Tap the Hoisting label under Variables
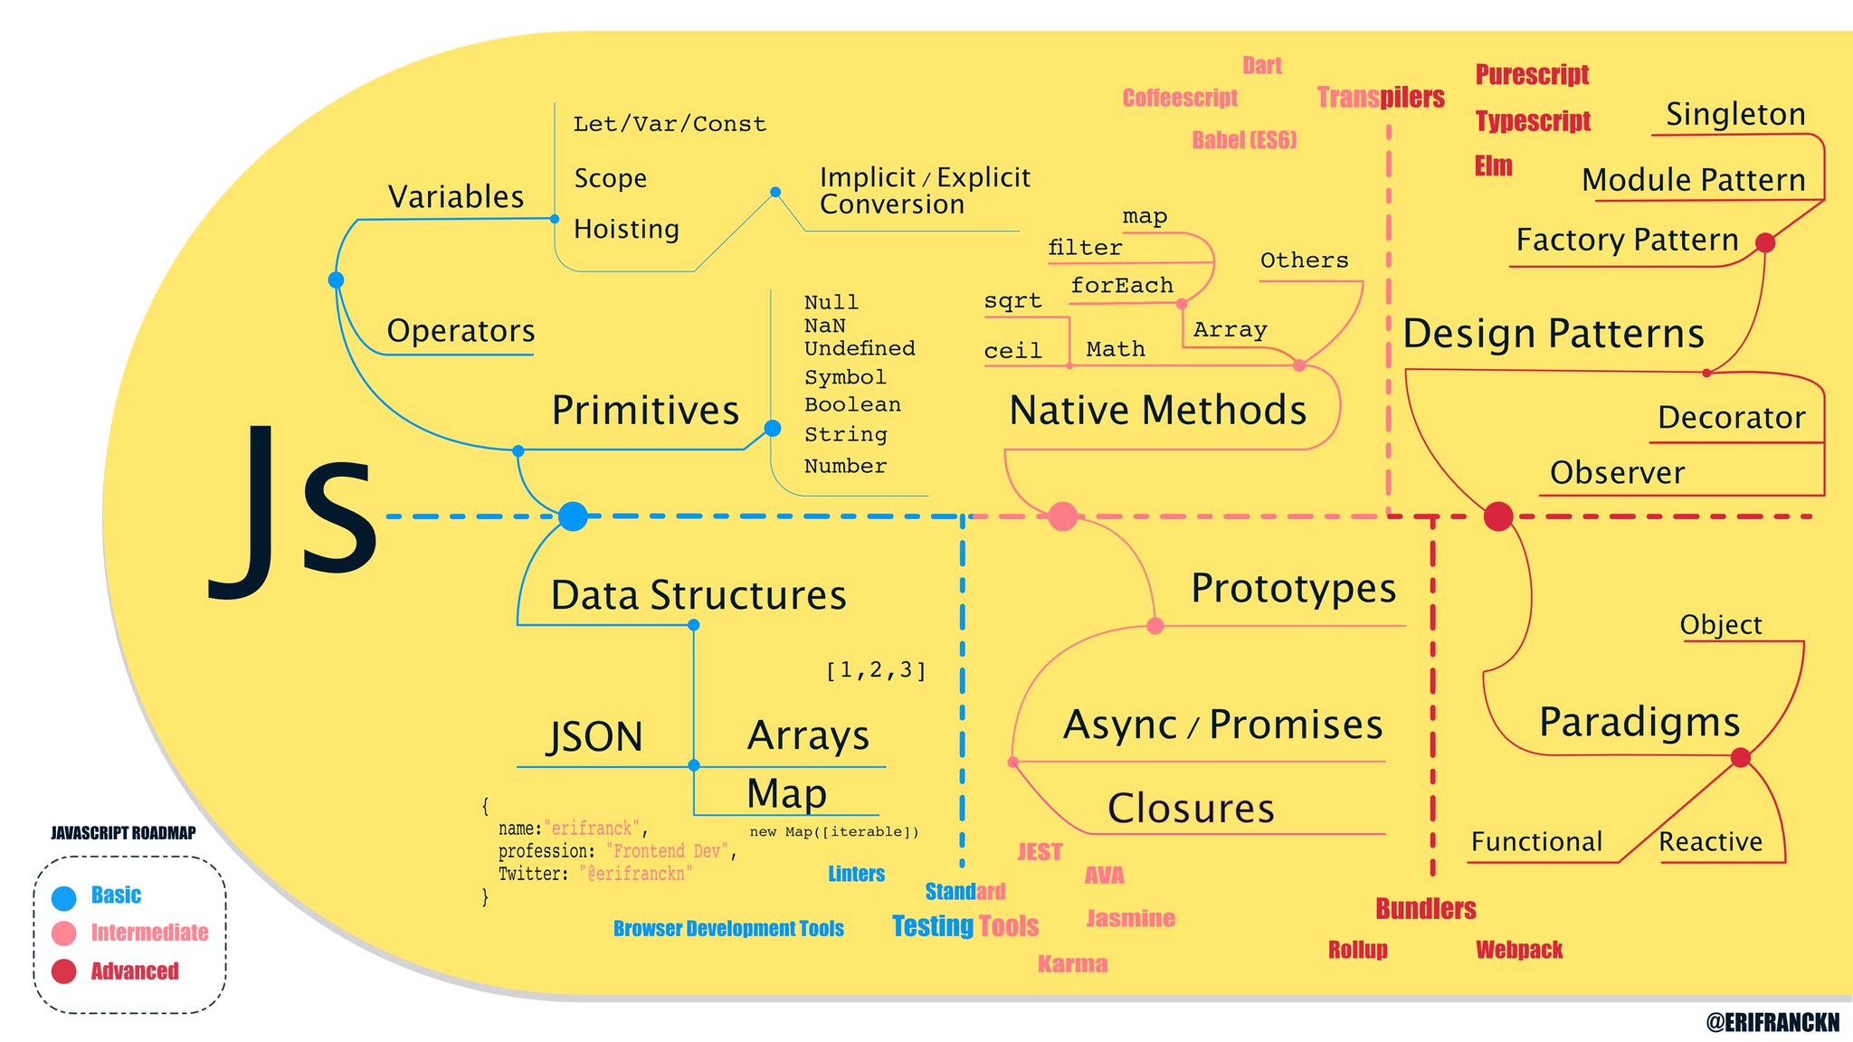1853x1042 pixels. [626, 230]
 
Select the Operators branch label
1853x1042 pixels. [461, 331]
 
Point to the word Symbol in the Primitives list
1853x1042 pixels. [845, 377]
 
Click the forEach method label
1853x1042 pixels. [1122, 286]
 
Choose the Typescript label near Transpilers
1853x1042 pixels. [1532, 121]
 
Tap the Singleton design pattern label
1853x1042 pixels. [1735, 115]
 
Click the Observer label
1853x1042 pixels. [1617, 473]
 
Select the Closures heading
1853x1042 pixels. [1191, 809]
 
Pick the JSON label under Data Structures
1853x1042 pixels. [595, 736]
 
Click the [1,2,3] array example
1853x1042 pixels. [876, 670]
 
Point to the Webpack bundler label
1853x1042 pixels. [1519, 950]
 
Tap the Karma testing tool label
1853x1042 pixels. [1072, 964]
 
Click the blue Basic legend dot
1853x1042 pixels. [63, 897]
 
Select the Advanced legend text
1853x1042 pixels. [135, 971]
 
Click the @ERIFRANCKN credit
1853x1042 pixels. [1772, 1022]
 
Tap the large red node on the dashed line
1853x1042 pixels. [1498, 516]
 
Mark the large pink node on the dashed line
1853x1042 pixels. [1062, 516]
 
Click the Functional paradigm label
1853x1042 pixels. [1536, 842]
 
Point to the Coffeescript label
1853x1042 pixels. [1180, 99]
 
